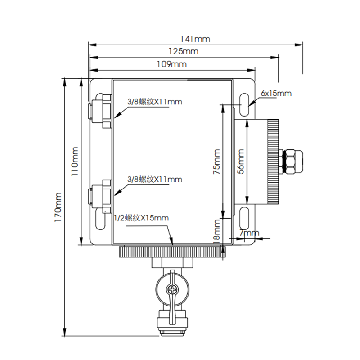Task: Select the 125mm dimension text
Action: coord(183,51)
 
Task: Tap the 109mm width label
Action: coord(171,64)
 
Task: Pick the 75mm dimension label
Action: coord(217,162)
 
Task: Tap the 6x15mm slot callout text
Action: coord(276,94)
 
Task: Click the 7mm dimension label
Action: coord(249,233)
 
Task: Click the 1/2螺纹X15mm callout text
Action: coord(142,218)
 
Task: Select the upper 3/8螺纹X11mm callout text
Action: coord(155,102)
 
